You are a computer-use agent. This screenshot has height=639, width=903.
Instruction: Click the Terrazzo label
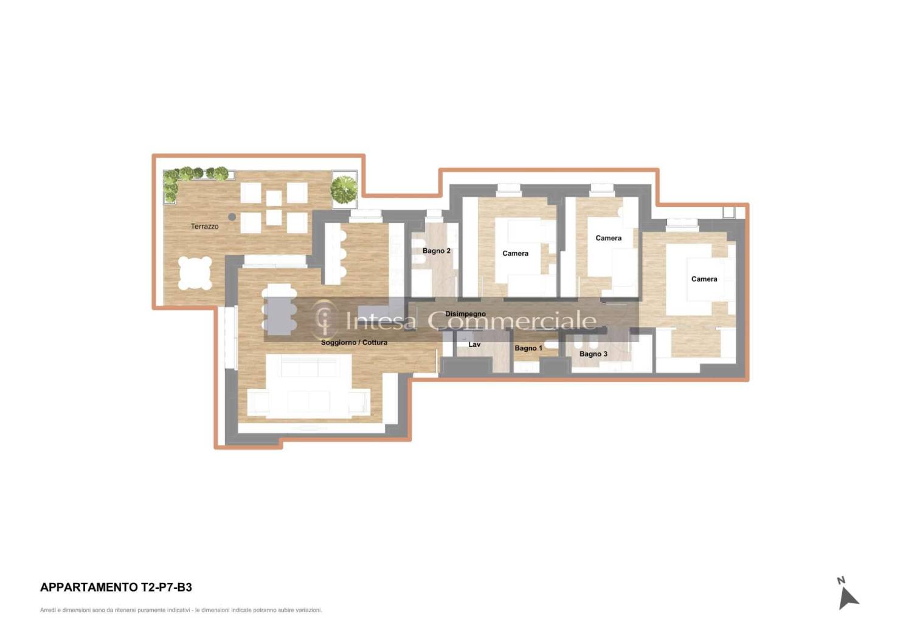(204, 226)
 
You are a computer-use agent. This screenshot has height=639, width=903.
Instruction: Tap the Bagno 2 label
(436, 251)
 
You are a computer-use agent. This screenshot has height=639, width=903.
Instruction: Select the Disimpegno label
(465, 314)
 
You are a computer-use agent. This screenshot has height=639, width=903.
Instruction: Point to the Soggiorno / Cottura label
(354, 343)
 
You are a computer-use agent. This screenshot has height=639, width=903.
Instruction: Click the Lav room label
(474, 344)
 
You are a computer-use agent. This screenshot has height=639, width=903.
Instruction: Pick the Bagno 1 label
(528, 348)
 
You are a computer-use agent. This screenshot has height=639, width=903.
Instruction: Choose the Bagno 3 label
(593, 354)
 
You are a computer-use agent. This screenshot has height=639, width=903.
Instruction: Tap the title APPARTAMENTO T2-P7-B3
(116, 587)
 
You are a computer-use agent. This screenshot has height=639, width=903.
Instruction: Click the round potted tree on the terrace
(344, 189)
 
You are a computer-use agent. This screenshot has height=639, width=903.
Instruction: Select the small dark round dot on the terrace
(232, 217)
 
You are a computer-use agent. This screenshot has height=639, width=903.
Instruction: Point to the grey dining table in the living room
(279, 315)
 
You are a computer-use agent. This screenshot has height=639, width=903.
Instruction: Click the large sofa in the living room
(308, 387)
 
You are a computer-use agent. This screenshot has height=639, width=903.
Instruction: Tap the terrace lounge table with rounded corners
(195, 273)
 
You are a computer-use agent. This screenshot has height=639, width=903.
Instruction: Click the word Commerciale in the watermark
(511, 321)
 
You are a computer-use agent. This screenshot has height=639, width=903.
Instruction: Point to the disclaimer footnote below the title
(181, 610)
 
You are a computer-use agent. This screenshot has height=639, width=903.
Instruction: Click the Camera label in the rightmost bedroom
(704, 279)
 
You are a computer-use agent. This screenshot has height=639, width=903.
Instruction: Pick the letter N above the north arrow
(841, 581)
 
